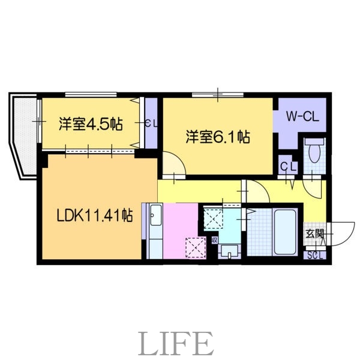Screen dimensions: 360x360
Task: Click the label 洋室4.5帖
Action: pyautogui.click(x=91, y=124)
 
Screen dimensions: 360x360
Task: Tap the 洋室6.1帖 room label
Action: pyautogui.click(x=217, y=137)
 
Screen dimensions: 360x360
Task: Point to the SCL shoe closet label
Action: pyautogui.click(x=314, y=254)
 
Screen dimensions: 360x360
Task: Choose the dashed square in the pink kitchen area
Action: pyautogui.click(x=194, y=246)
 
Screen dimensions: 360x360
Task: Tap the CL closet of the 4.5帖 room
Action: pyautogui.click(x=152, y=123)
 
